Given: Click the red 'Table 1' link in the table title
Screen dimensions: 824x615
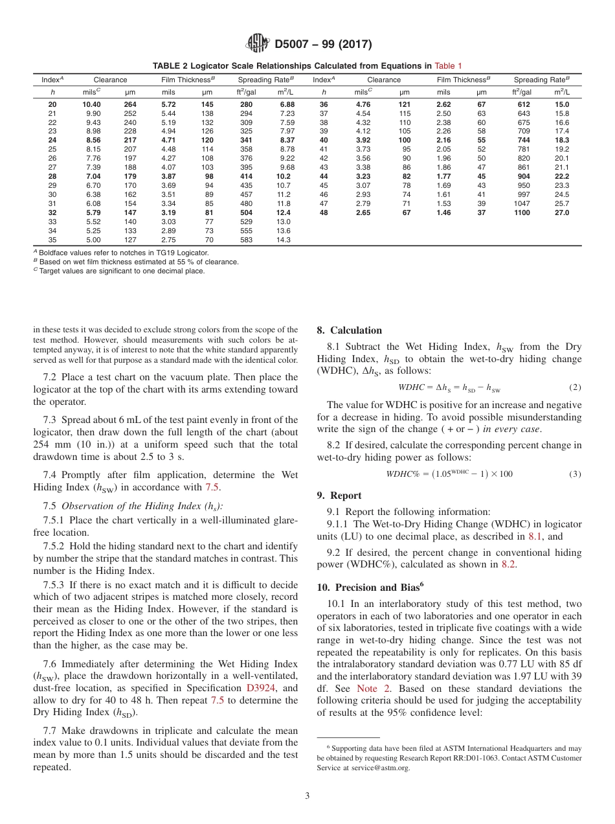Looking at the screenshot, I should click(x=448, y=65).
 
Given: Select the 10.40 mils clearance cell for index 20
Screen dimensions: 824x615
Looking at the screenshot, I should click(x=91, y=104).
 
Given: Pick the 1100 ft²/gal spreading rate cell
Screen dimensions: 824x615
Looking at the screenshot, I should click(x=522, y=212).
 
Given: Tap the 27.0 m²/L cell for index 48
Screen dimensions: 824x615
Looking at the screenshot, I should click(x=561, y=212).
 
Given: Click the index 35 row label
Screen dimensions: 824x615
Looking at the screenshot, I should click(x=52, y=240).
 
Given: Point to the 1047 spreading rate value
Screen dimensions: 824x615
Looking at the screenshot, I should click(x=522, y=203).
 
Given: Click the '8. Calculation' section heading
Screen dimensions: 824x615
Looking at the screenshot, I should click(x=349, y=330).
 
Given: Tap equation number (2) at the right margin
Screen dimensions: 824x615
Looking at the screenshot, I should click(x=575, y=387).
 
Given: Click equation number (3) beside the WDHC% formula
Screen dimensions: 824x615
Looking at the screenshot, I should click(x=575, y=474).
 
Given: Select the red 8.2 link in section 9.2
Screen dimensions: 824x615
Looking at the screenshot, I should click(x=509, y=564).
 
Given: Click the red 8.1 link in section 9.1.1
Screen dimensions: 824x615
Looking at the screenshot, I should click(x=533, y=536).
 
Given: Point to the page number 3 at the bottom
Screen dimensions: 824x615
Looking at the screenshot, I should click(x=307, y=795).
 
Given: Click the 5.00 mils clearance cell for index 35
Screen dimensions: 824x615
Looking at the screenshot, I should click(x=91, y=240).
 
